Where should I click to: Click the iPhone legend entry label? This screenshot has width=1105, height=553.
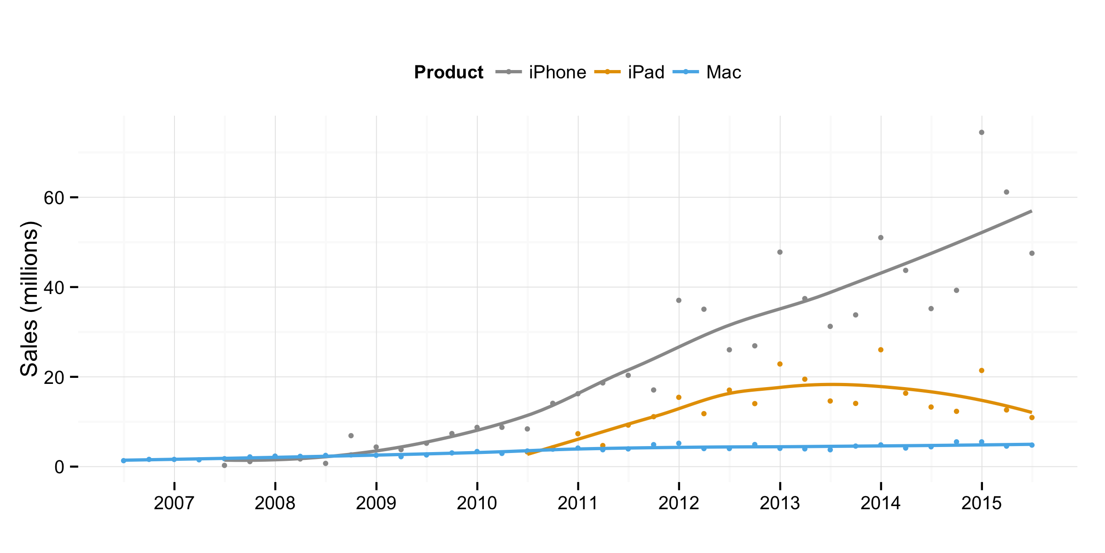click(x=557, y=72)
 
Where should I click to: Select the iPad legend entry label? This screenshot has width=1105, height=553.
click(x=646, y=72)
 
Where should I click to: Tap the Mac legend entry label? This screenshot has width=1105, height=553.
click(x=723, y=72)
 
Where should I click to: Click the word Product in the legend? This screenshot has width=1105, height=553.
click(x=448, y=72)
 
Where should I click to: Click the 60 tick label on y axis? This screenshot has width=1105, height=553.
click(x=53, y=198)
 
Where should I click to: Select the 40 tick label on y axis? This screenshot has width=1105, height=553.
click(x=53, y=288)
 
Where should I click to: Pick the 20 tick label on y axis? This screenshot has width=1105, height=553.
click(x=53, y=377)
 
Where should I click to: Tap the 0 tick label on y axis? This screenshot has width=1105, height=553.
click(x=59, y=467)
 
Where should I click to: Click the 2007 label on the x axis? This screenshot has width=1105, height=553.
click(x=174, y=503)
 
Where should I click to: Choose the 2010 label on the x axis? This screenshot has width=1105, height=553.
click(x=477, y=503)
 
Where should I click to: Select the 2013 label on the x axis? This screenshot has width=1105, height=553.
click(x=780, y=503)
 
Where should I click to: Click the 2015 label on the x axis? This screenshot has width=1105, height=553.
click(x=982, y=503)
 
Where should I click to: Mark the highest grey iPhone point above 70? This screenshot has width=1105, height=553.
click(x=982, y=132)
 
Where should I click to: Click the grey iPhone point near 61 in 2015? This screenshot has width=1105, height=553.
click(x=1006, y=192)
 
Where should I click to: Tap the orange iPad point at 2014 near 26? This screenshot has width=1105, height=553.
click(x=881, y=350)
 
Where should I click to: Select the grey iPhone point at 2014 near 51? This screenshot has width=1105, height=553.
click(x=881, y=238)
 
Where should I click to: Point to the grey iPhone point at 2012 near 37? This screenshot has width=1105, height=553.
click(x=679, y=300)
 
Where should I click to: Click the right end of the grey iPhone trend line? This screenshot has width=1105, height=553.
click(x=1031, y=211)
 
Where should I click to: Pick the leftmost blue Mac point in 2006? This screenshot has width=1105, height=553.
click(x=123, y=460)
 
